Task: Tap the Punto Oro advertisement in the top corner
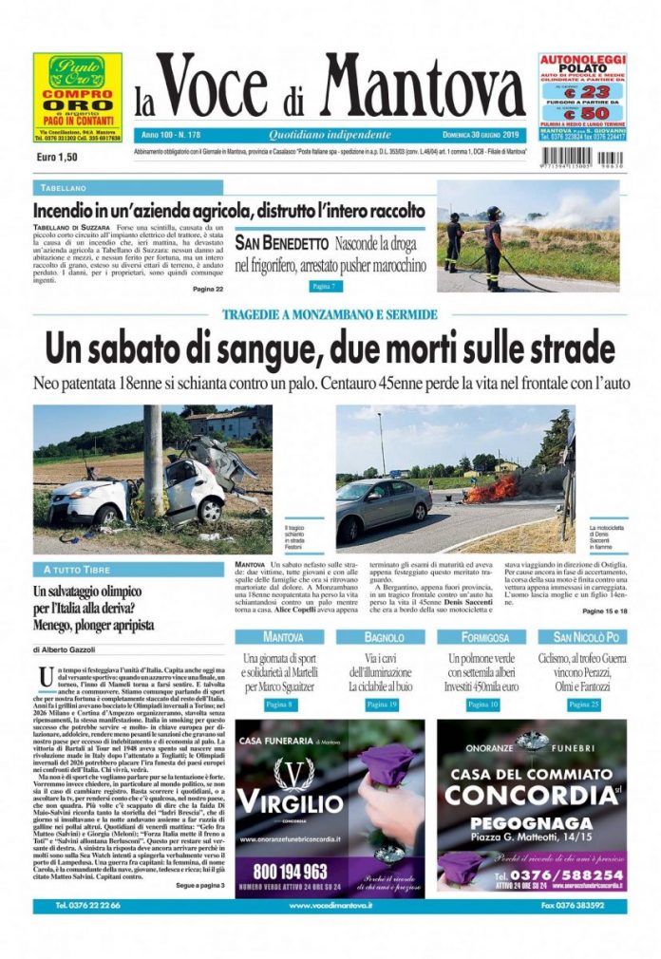coord(78,97)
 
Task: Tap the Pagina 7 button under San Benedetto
coord(324,286)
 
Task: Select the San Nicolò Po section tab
coord(582,636)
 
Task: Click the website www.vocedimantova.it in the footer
coord(330,906)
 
